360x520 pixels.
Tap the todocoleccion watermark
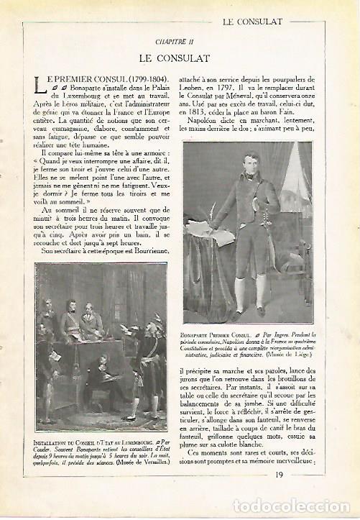click(x=291, y=507)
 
